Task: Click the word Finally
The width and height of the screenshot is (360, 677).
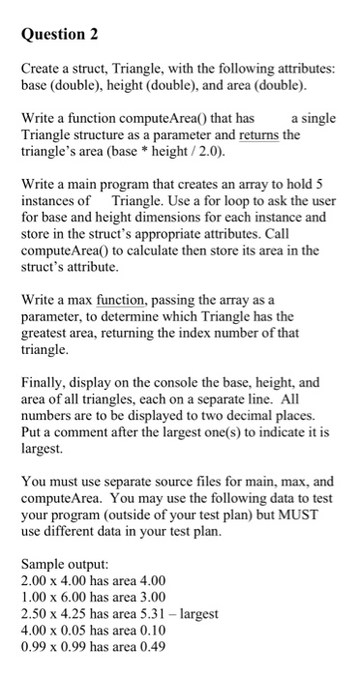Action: pos(45,384)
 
